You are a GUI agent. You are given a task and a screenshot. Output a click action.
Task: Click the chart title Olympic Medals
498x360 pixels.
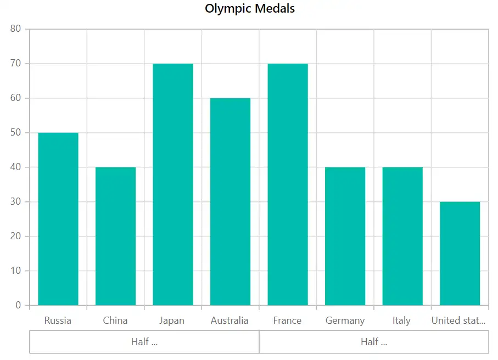point(250,9)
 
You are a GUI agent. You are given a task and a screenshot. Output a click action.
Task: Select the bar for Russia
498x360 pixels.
point(58,219)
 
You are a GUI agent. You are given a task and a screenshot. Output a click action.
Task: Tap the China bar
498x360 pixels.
point(116,236)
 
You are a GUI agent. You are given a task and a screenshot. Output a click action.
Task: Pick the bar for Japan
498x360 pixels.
point(173,184)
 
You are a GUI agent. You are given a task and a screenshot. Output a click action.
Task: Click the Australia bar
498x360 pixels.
point(230,202)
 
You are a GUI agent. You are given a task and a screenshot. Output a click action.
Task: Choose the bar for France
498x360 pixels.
point(288,184)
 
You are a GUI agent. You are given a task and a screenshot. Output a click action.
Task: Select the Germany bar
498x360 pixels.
point(345,236)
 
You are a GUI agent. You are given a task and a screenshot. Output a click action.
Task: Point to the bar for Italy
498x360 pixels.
point(402,236)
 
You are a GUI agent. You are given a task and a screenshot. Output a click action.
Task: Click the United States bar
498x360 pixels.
point(460,254)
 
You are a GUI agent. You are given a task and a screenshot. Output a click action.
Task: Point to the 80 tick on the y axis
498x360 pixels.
point(15,29)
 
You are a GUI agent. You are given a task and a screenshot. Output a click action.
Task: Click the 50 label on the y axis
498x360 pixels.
point(15,132)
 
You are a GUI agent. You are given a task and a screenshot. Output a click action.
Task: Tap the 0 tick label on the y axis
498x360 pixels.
point(18,305)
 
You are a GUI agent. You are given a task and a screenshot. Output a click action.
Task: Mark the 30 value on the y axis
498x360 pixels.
point(15,201)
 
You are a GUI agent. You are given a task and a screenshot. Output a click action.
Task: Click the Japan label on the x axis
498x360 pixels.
point(172,320)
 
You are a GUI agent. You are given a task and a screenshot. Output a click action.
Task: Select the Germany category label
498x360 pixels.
point(345,320)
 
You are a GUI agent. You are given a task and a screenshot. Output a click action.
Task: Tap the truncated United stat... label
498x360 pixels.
point(458,320)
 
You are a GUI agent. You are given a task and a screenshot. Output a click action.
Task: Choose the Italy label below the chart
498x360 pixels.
point(401,320)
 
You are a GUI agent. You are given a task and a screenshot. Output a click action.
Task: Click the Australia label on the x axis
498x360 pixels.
point(230,320)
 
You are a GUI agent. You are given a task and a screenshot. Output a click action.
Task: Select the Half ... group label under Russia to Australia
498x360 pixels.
point(144,342)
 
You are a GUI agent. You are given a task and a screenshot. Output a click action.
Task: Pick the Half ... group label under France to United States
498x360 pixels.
point(374,342)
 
